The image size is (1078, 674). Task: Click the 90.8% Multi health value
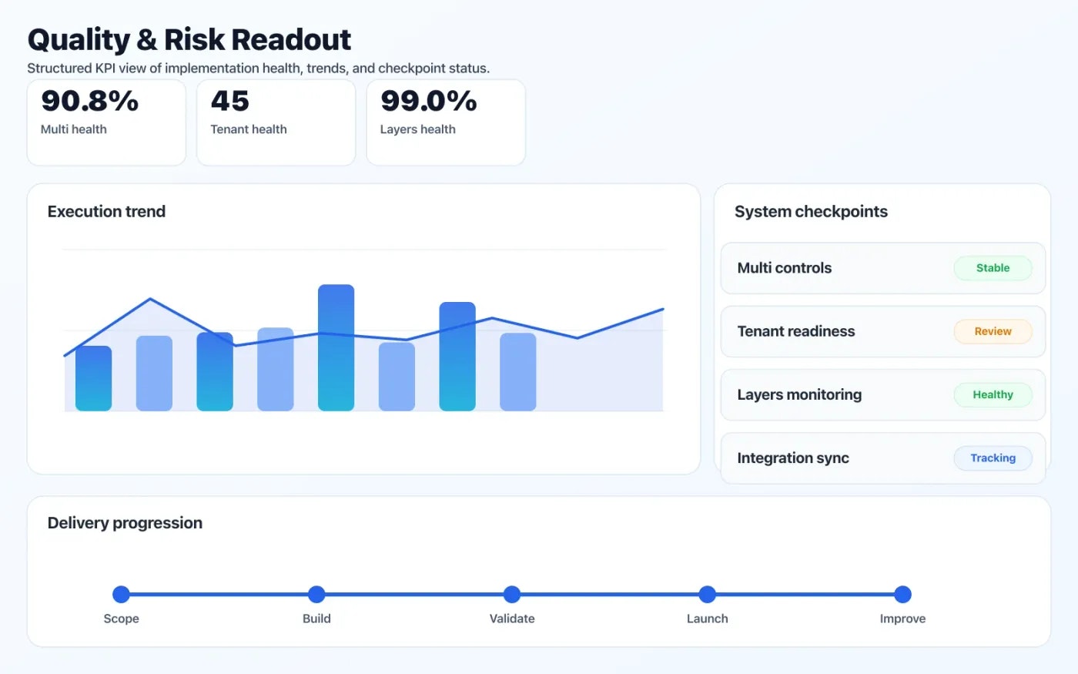pos(89,101)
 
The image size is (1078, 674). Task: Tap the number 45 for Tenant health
pos(229,101)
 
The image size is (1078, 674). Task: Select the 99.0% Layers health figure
pos(428,101)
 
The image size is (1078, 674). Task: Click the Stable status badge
pos(993,268)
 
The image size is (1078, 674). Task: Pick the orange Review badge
pos(993,331)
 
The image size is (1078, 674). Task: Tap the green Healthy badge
pos(993,394)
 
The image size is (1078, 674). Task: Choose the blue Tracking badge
pos(993,458)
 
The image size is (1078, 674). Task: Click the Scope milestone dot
pos(121,594)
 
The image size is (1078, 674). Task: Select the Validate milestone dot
pos(512,594)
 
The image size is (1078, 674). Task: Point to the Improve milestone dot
pos(902,594)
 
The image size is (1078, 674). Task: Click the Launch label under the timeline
pos(707,619)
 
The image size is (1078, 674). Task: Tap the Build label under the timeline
pos(316,619)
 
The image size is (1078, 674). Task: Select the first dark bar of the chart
pos(93,378)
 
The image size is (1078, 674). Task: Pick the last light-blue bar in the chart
pos(517,371)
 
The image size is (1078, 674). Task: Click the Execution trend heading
pos(106,211)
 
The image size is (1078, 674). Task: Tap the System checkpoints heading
pos(811,211)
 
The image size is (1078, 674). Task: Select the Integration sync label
pos(792,458)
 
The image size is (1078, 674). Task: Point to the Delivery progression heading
pos(125,522)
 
